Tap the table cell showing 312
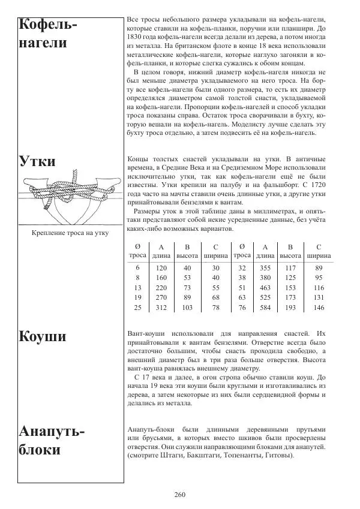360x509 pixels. [161, 308]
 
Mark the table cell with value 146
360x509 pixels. [319, 308]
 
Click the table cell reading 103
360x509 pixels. [187, 308]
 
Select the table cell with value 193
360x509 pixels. [290, 308]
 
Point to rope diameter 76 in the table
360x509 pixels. [242, 308]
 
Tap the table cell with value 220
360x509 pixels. [161, 287]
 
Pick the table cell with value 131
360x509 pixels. [319, 297]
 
